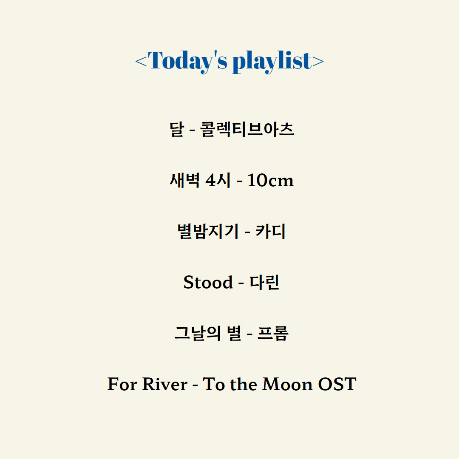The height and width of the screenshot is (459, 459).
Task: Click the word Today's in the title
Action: [187, 61]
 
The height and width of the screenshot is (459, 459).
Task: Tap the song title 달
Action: [177, 129]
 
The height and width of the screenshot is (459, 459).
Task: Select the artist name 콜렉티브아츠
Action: [247, 129]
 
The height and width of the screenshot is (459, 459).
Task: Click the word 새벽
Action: [185, 180]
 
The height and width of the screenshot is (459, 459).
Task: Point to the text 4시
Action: [218, 180]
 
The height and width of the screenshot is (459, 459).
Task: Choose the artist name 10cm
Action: [270, 180]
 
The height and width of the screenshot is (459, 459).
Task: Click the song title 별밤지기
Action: [208, 231]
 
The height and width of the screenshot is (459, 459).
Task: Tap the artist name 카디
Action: [270, 231]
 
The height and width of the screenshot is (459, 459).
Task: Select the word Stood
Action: [208, 282]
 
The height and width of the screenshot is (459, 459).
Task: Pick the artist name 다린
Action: [264, 282]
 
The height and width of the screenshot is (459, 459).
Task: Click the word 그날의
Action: [198, 333]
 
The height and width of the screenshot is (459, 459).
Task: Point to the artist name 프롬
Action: [273, 333]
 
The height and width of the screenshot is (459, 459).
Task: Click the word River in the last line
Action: [165, 384]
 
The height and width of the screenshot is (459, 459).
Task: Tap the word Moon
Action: [287, 384]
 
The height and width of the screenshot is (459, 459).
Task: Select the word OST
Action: [337, 384]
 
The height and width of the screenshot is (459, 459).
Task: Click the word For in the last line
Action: [122, 384]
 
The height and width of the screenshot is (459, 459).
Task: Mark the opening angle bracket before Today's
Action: [141, 61]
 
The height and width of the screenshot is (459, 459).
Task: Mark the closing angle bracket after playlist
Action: [318, 61]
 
